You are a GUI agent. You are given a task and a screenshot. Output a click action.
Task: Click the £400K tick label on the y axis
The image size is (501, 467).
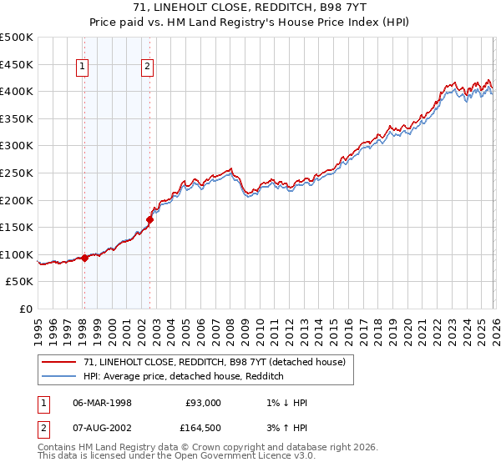17,91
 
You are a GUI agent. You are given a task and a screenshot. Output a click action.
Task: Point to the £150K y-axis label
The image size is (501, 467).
17,227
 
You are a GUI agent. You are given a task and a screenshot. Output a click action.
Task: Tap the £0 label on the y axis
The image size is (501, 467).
25,309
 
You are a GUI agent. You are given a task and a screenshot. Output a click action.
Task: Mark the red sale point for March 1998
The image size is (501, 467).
84,259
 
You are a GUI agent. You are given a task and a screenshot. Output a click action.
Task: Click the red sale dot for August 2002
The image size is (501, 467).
150,220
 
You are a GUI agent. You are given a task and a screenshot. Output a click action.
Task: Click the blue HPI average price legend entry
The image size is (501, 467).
184,376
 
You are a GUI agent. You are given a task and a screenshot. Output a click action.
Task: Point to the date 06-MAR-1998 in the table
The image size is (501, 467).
103,402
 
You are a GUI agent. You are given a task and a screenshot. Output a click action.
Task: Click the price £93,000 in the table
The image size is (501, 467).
203,402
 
